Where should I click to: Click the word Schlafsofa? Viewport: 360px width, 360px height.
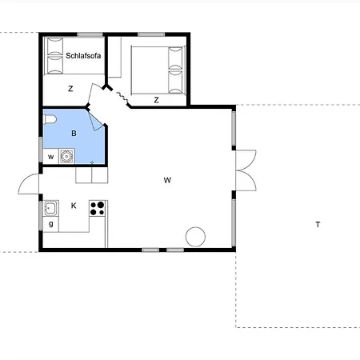click(x=83, y=55)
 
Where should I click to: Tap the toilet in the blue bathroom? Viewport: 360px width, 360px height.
click(x=50, y=119)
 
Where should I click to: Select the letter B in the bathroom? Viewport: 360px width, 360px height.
click(x=74, y=134)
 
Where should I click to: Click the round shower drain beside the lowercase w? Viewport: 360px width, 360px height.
click(x=66, y=156)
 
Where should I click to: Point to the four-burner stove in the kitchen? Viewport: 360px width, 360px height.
click(x=97, y=208)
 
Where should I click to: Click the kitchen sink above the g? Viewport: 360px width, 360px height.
click(x=50, y=208)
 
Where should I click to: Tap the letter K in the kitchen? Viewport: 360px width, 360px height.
click(x=74, y=206)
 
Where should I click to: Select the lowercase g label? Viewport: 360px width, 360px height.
click(x=50, y=224)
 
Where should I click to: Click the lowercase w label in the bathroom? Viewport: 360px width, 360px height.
click(x=50, y=157)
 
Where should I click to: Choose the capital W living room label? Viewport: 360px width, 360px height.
click(x=167, y=180)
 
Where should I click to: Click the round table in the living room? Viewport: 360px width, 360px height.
click(x=195, y=237)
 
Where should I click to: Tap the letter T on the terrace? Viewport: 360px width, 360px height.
click(x=318, y=225)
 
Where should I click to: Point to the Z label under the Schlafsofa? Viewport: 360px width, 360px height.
click(x=70, y=89)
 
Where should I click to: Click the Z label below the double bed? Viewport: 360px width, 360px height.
click(x=156, y=100)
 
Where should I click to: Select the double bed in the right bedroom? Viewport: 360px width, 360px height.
click(x=158, y=70)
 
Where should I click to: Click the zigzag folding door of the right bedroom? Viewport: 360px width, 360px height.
click(x=122, y=97)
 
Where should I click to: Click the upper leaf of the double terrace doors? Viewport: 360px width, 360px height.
click(x=246, y=160)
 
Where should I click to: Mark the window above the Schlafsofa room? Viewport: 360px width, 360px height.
click(x=90, y=34)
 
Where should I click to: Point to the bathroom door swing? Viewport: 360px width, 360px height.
click(x=95, y=121)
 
